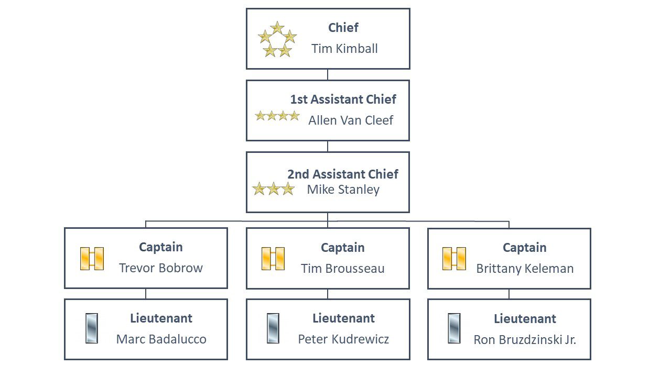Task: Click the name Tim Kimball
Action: click(x=344, y=49)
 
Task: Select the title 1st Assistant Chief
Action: click(x=343, y=99)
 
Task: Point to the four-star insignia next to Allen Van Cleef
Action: click(x=277, y=116)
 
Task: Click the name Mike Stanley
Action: click(x=343, y=190)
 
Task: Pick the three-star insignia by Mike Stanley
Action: click(x=274, y=189)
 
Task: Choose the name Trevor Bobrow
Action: click(x=161, y=268)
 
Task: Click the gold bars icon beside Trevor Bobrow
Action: click(x=92, y=259)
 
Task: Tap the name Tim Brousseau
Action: click(x=343, y=269)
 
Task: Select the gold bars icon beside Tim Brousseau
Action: click(x=273, y=259)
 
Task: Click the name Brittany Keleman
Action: click(x=525, y=269)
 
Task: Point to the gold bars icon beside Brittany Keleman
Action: click(x=454, y=259)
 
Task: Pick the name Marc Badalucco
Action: click(x=161, y=339)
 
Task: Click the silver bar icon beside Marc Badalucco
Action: click(x=92, y=328)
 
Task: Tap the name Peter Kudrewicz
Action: click(x=343, y=339)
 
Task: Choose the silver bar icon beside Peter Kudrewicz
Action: click(x=273, y=328)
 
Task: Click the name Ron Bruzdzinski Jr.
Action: click(x=525, y=340)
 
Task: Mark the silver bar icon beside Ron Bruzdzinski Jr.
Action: click(x=454, y=328)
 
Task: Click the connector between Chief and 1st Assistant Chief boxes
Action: click(x=328, y=74)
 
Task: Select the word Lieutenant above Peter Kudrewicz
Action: click(x=343, y=318)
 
